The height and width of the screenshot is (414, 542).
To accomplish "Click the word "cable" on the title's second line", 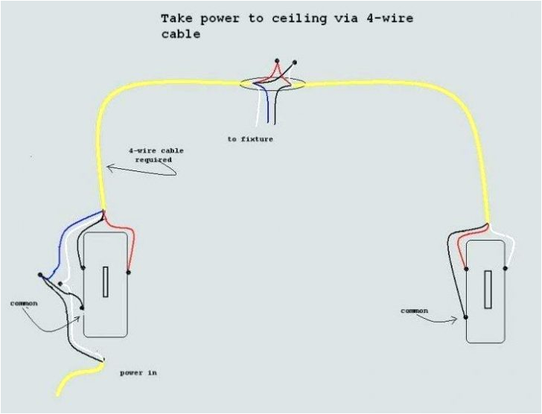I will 181,34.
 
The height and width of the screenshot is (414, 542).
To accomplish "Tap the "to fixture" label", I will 250,139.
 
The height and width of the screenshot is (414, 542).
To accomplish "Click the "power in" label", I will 138,372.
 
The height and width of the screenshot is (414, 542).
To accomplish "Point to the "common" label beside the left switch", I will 24,303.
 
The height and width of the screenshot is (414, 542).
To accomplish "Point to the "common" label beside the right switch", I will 415,310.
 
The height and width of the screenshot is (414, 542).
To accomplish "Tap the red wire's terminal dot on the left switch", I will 129,273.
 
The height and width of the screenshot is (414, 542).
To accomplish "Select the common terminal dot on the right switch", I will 466,318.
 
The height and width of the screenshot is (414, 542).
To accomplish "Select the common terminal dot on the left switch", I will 83,307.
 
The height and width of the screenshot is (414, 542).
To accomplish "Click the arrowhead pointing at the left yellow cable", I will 110,169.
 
